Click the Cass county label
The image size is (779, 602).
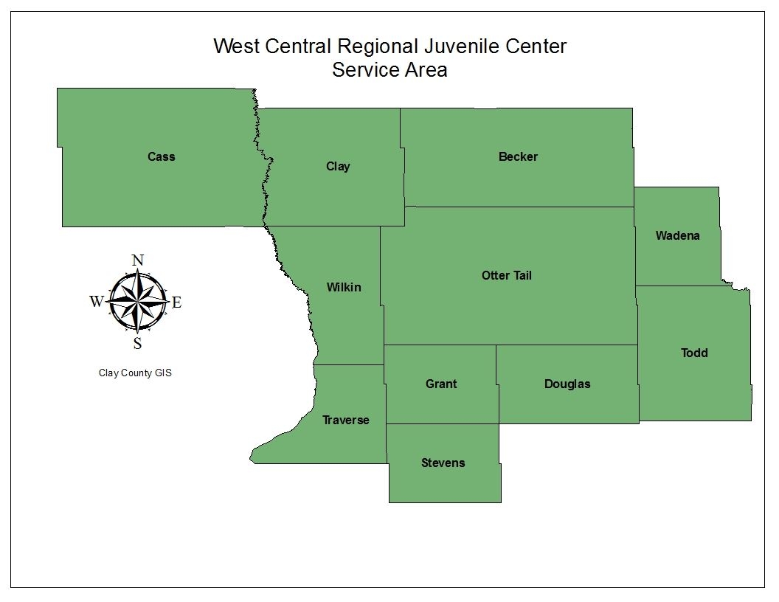pyautogui.click(x=161, y=156)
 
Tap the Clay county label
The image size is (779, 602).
pyautogui.click(x=338, y=166)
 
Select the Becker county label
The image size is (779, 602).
pyautogui.click(x=518, y=156)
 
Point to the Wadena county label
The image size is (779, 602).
pyautogui.click(x=677, y=236)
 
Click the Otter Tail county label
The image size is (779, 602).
pyautogui.click(x=506, y=275)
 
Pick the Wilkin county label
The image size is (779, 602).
pyautogui.click(x=344, y=287)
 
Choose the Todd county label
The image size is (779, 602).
pyautogui.click(x=693, y=353)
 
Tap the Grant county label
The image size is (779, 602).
pyautogui.click(x=441, y=384)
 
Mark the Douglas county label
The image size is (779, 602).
pyautogui.click(x=567, y=384)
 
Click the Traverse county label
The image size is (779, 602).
pyautogui.click(x=345, y=420)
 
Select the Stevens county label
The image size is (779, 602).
pyautogui.click(x=443, y=463)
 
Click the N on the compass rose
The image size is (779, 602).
pyautogui.click(x=137, y=260)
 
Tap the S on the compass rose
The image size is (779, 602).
pyautogui.click(x=137, y=343)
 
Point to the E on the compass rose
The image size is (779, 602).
pyautogui.click(x=177, y=302)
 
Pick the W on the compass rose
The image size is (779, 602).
pyautogui.click(x=97, y=302)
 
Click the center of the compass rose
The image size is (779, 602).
pyautogui.click(x=137, y=301)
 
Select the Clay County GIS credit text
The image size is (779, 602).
pyautogui.click(x=135, y=373)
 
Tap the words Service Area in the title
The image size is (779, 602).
pyautogui.click(x=389, y=70)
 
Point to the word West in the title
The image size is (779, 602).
pyautogui.click(x=236, y=46)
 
